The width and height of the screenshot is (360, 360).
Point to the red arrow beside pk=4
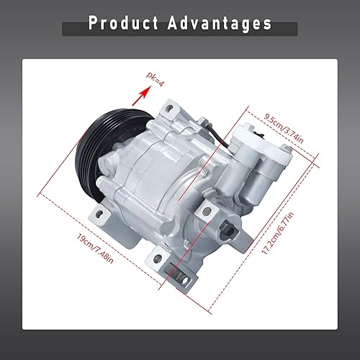tap(141, 93)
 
